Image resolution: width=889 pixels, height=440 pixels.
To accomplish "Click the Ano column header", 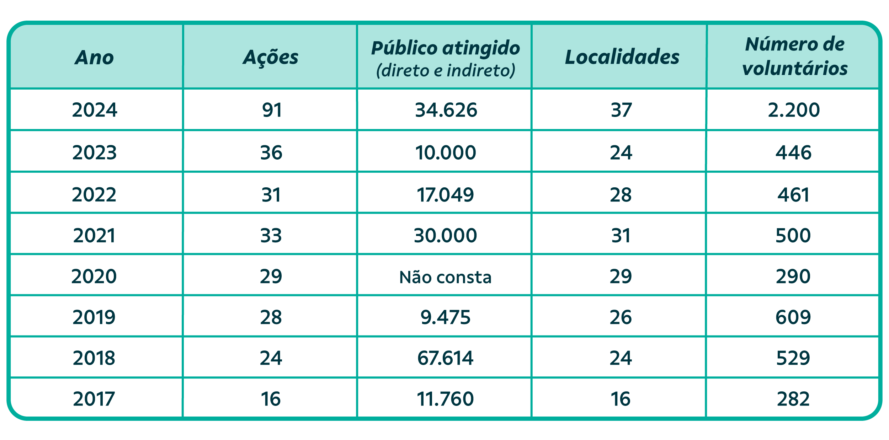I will pos(94,58).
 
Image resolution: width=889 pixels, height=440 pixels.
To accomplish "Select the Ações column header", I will pos(271,58).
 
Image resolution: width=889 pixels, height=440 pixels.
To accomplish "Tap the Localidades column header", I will pos(622,58).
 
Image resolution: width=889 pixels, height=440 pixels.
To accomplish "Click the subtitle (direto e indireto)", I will pos(446,70).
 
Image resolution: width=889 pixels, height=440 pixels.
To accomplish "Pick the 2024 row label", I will pos(95,110).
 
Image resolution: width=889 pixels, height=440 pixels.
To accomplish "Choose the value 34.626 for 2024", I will pos(446,110).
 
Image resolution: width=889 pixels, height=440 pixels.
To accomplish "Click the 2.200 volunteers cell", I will pos(794,110).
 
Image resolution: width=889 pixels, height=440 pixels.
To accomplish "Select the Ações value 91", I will pos(272,110).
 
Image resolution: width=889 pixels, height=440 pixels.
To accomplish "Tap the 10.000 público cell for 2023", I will pos(446,152).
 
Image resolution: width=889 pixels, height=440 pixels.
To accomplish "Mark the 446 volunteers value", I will pos(794,152).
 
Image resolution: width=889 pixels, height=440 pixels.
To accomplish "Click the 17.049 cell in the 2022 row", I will pos(445,195).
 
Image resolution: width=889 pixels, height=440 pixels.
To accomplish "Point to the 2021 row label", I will pos(95,236).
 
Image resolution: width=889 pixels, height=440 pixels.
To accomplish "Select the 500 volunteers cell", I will pos(793,236).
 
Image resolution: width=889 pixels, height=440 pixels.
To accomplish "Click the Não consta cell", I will pos(445,277).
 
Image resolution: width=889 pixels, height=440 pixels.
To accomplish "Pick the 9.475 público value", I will pos(446,317).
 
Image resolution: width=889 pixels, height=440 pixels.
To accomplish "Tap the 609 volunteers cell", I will pos(793,317).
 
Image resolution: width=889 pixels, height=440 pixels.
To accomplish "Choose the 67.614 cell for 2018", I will pos(446,358).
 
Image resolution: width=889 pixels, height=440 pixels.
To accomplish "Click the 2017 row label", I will pos(94,399).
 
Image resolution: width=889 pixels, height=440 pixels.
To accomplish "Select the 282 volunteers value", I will pos(793,399).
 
